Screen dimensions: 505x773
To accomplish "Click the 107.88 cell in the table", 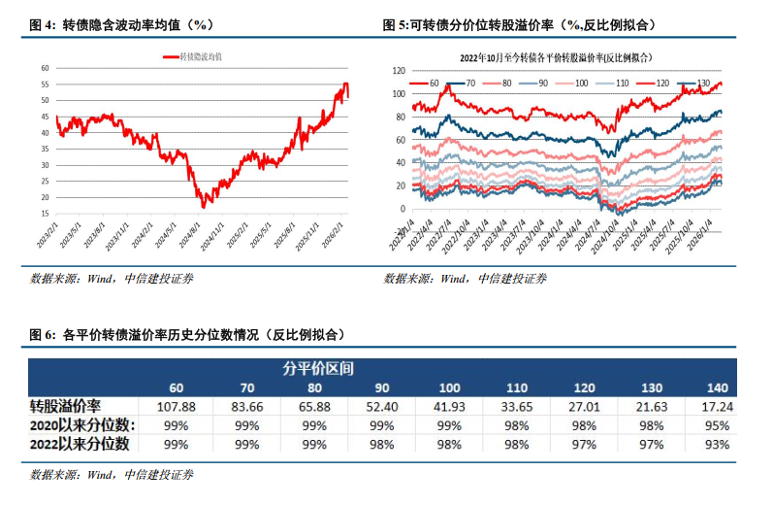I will click(176, 405).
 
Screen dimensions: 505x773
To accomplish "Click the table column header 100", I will click(449, 387).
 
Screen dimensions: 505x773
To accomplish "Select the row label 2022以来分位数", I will click(81, 444).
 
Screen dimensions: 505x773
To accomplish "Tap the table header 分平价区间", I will click(317, 368).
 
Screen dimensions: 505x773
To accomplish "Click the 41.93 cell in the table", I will click(449, 405).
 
